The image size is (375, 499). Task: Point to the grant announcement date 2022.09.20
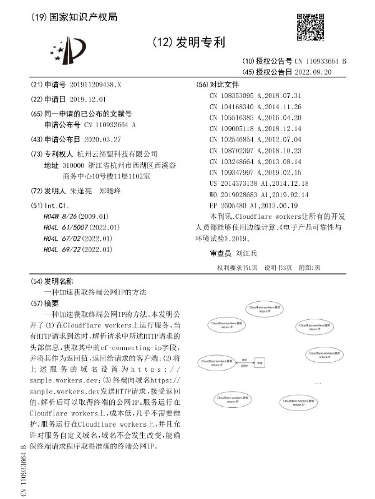pyautogui.click(x=323, y=72)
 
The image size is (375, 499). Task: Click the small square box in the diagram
pyautogui.click(x=261, y=362)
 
